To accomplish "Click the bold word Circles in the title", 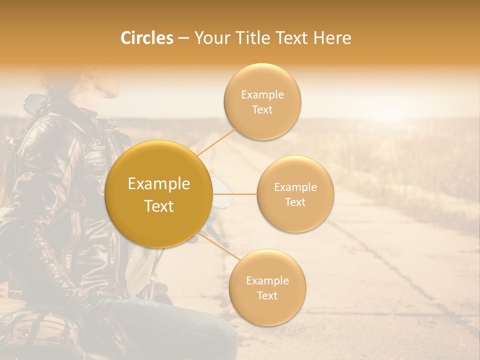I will pyautogui.click(x=146, y=38).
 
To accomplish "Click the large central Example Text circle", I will pyautogui.click(x=159, y=194).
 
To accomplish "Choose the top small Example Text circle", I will pyautogui.click(x=262, y=102).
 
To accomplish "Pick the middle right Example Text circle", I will pyautogui.click(x=295, y=194).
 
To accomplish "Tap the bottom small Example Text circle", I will pyautogui.click(x=267, y=288).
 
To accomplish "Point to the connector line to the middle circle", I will pyautogui.click(x=234, y=193).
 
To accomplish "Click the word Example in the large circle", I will pyautogui.click(x=159, y=184).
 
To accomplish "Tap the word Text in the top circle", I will pyautogui.click(x=262, y=110).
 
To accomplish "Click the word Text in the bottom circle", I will pyautogui.click(x=267, y=296).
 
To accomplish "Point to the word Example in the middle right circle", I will pyautogui.click(x=295, y=187).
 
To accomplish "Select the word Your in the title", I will pyautogui.click(x=210, y=38).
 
